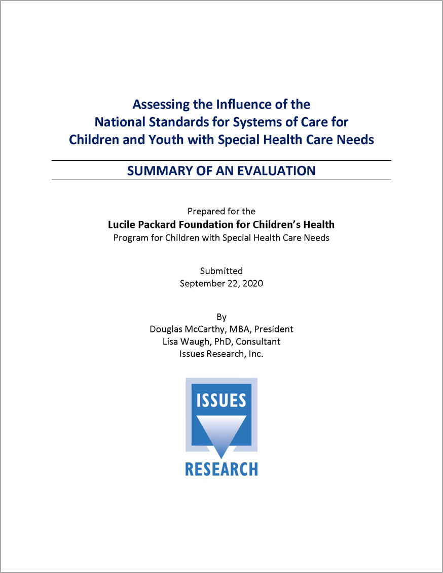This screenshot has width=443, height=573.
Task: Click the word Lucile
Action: (x=123, y=224)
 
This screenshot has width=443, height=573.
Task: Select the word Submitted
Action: (x=221, y=271)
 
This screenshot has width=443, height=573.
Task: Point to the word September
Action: (x=202, y=284)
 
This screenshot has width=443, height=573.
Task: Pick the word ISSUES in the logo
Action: (x=221, y=400)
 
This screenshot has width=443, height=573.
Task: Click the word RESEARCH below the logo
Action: (x=221, y=469)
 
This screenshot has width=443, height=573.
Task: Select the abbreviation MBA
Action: (x=240, y=329)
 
